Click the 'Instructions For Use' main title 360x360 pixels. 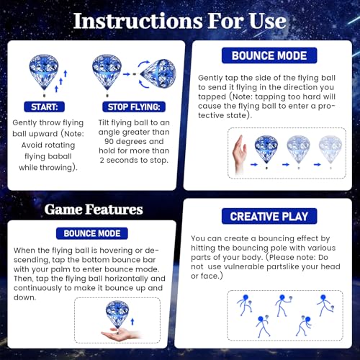coord(179,21)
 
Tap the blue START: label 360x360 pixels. coord(44,107)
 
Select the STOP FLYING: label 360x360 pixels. coord(134,107)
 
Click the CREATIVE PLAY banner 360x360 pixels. coord(269,216)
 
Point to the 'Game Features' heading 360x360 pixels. coord(94,210)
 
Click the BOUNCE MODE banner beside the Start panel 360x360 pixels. coord(269,55)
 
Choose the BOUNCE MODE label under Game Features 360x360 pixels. coord(92,233)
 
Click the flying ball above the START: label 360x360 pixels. coord(44,74)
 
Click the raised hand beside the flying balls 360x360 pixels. coord(240,153)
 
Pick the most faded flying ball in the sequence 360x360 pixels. coord(330,150)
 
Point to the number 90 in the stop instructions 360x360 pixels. coord(109,141)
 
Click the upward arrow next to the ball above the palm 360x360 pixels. coord(132,322)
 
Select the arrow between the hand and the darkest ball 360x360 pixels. coord(254,164)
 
